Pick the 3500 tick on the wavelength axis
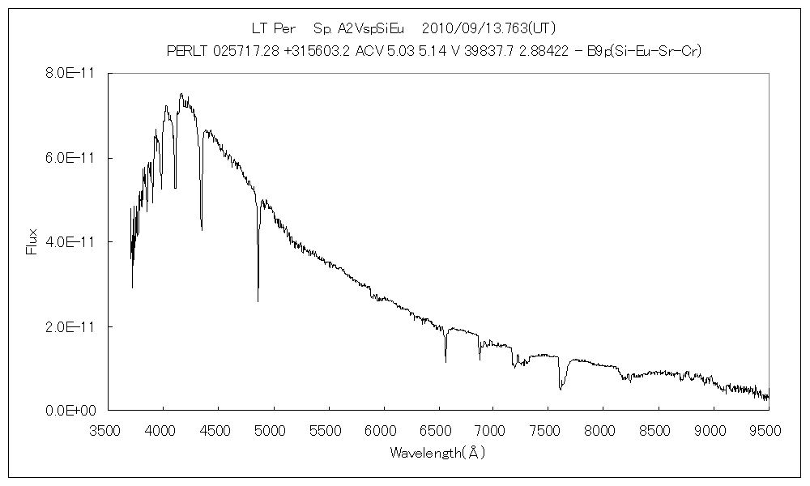(109, 428)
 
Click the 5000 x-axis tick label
(273, 428)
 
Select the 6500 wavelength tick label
(438, 428)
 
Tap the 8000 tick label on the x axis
(603, 428)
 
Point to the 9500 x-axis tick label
(767, 428)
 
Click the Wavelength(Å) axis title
(437, 453)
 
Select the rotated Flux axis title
(32, 241)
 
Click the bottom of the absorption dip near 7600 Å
(560, 390)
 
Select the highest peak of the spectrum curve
(181, 93)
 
